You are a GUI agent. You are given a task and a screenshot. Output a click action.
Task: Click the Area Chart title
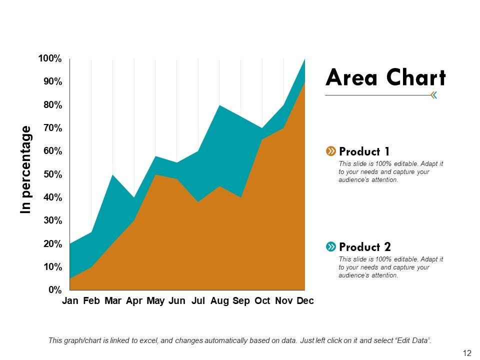pyautogui.click(x=385, y=78)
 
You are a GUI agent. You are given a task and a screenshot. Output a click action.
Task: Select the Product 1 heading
pyautogui.click(x=364, y=151)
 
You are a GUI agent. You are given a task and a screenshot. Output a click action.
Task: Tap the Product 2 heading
pyautogui.click(x=365, y=246)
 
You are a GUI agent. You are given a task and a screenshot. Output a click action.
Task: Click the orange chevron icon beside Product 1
pyautogui.click(x=330, y=151)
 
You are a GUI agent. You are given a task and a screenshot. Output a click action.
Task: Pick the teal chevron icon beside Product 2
pyautogui.click(x=330, y=246)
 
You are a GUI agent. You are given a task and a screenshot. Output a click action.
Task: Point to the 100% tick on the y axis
pyautogui.click(x=50, y=59)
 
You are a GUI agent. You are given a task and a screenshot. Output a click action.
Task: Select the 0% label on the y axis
pyautogui.click(x=55, y=290)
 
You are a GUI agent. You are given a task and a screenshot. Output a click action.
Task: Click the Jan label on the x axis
pyautogui.click(x=70, y=301)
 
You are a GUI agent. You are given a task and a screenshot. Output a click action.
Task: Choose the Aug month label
pyautogui.click(x=220, y=301)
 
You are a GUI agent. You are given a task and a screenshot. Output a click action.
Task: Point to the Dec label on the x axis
pyautogui.click(x=305, y=301)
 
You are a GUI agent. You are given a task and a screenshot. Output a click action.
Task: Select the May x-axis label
pyautogui.click(x=155, y=301)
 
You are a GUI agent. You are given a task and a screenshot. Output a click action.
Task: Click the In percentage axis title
pyautogui.click(x=25, y=170)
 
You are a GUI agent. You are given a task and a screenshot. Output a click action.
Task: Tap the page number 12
pyautogui.click(x=467, y=353)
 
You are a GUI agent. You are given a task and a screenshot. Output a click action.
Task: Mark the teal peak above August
pyautogui.click(x=220, y=106)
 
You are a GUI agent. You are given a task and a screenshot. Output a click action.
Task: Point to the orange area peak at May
pyautogui.click(x=155, y=176)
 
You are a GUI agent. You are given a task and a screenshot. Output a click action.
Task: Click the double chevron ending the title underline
pyautogui.click(x=433, y=95)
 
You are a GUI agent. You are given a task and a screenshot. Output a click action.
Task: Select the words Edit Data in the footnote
pyautogui.click(x=413, y=340)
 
